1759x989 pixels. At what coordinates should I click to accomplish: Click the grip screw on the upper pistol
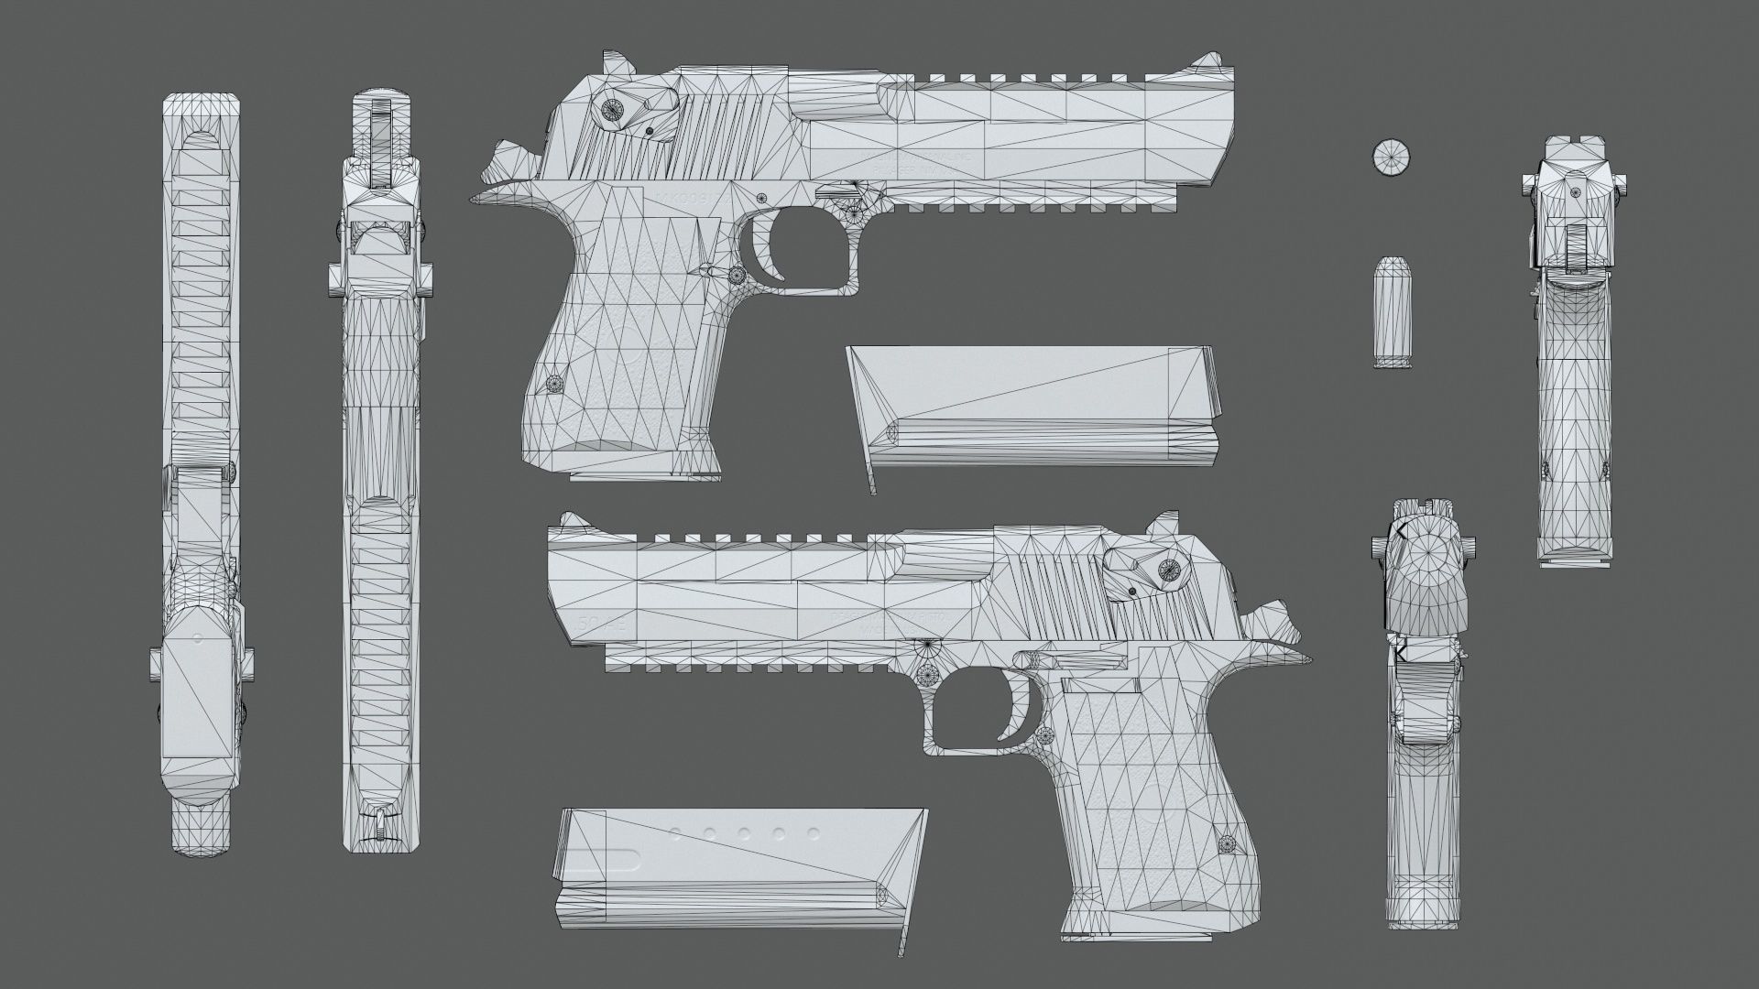pyautogui.click(x=553, y=383)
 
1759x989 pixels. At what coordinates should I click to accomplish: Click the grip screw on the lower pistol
pyautogui.click(x=1228, y=842)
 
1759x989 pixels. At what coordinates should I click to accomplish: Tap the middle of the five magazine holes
pyautogui.click(x=744, y=833)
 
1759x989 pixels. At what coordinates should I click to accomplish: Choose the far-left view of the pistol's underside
pyautogui.click(x=202, y=476)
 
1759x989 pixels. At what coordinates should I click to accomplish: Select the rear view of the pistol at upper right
pyautogui.click(x=1574, y=348)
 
